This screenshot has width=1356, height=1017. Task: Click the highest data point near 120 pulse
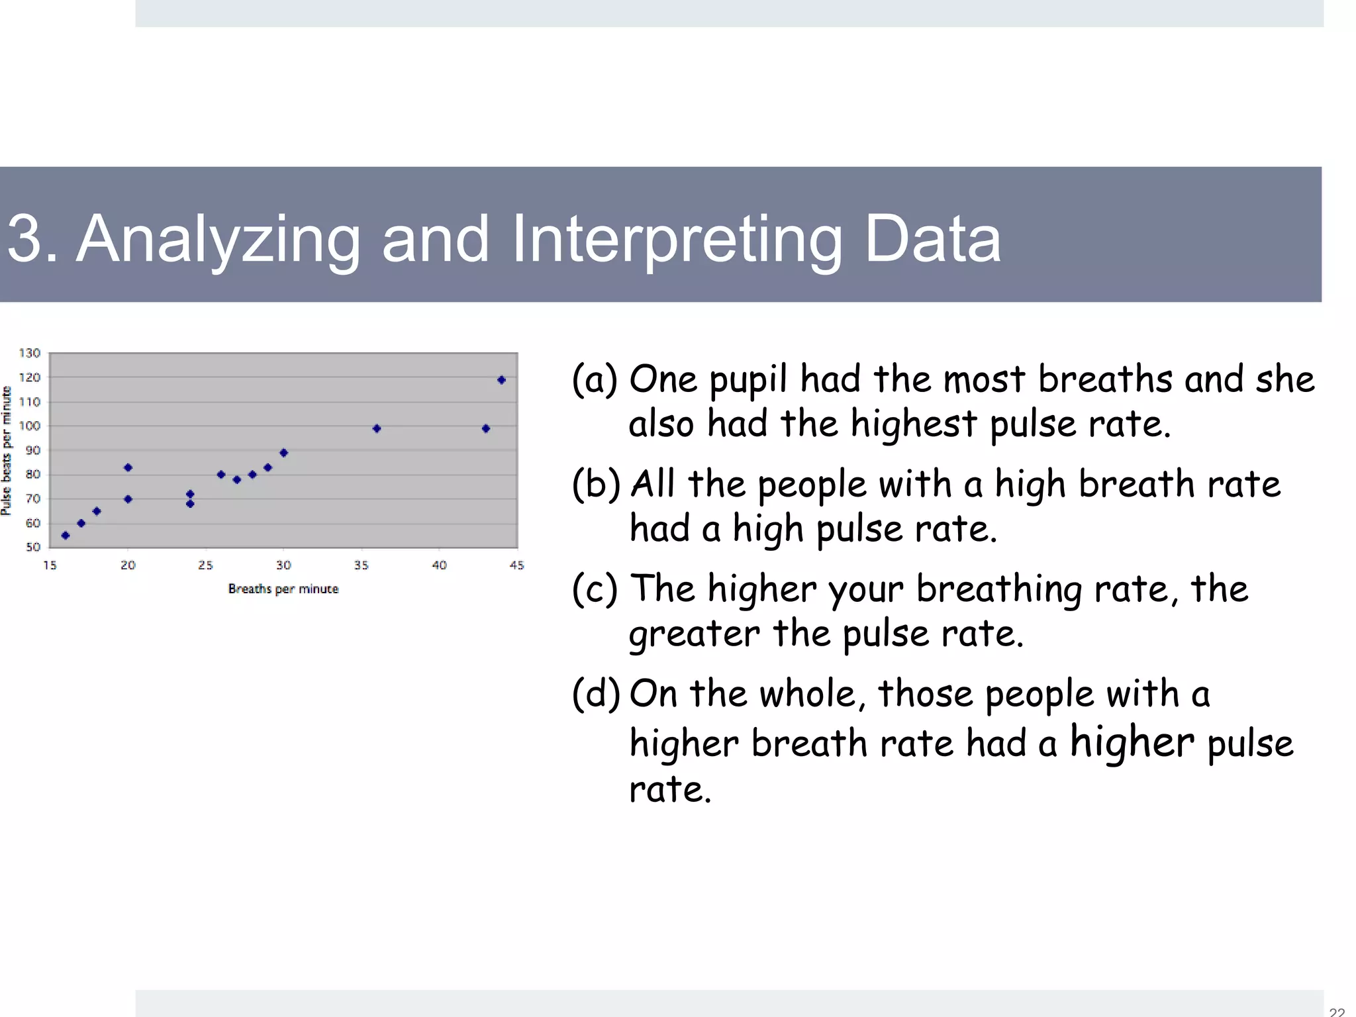[501, 380]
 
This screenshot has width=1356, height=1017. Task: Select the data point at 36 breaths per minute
[377, 428]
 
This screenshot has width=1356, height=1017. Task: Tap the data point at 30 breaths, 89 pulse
[283, 453]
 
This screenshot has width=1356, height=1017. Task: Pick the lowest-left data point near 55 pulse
[66, 535]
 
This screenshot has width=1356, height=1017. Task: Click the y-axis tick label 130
[30, 353]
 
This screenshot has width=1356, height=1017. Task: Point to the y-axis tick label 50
[33, 547]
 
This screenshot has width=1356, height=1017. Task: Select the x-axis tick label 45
[516, 565]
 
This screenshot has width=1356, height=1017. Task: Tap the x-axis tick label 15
[50, 565]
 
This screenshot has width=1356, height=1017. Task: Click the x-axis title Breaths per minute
[283, 589]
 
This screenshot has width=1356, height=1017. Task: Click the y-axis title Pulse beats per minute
[7, 451]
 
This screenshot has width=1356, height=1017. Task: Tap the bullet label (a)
[594, 380]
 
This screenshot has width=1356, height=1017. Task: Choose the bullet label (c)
[594, 589]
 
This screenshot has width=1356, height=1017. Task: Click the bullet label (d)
[595, 694]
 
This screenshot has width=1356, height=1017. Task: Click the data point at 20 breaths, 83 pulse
[128, 467]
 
